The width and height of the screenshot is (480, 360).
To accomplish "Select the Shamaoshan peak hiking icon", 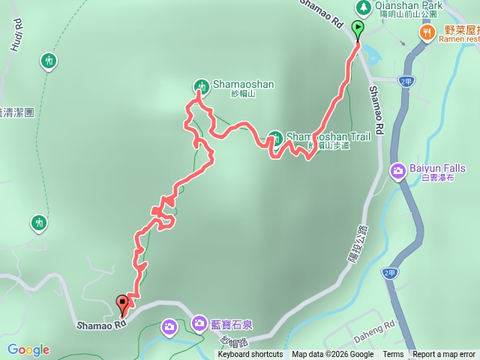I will (201, 85).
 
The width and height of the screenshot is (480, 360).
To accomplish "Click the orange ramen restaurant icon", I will (427, 31).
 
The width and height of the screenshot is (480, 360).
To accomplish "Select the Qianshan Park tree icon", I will (364, 7).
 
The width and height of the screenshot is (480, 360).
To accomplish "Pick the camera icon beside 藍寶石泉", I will (199, 324).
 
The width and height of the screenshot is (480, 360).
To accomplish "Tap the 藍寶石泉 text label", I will (232, 325).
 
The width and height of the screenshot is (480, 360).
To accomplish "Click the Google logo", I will (28, 349).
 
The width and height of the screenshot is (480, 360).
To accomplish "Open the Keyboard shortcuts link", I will (247, 355).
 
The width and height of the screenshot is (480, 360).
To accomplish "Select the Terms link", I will (393, 355).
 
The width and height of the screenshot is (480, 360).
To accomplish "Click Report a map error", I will (443, 355).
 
